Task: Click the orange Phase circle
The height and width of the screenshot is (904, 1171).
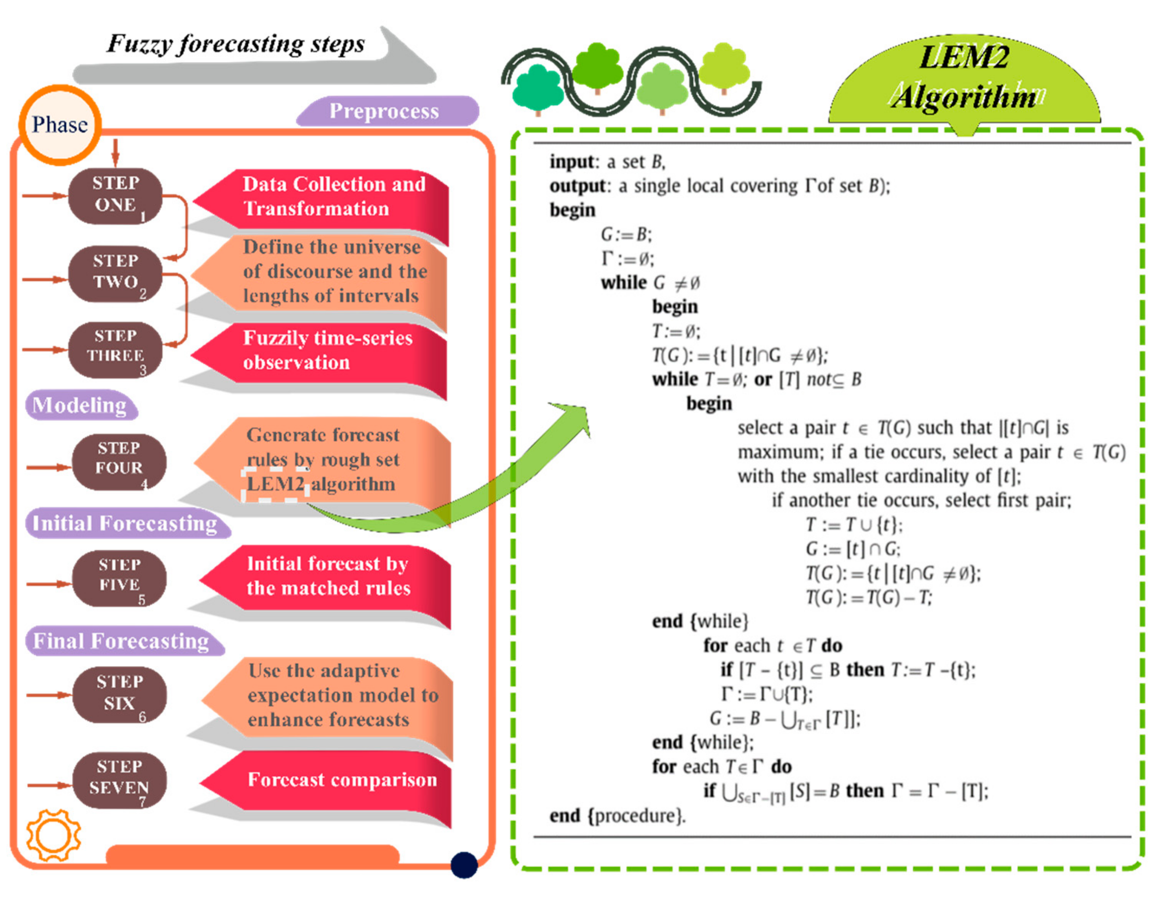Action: pyautogui.click(x=60, y=125)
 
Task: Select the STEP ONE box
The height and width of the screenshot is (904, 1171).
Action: pyautogui.click(x=115, y=196)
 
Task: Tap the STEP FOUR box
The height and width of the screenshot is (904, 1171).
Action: pyautogui.click(x=119, y=461)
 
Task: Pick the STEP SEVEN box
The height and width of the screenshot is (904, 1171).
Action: pyautogui.click(x=119, y=779)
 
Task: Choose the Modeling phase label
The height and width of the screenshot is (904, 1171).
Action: pyautogui.click(x=80, y=405)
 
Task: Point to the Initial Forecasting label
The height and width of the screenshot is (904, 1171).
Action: pyautogui.click(x=126, y=523)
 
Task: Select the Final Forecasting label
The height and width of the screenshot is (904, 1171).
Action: pyautogui.click(x=122, y=640)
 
